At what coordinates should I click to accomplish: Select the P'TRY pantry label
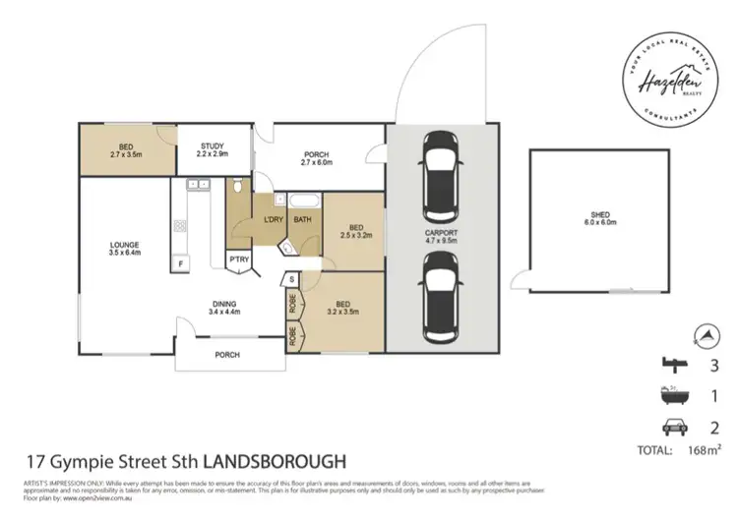(239, 261)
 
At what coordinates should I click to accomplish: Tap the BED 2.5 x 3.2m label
(350, 232)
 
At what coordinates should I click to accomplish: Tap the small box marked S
(292, 281)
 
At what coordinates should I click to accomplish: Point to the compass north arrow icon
(701, 335)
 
